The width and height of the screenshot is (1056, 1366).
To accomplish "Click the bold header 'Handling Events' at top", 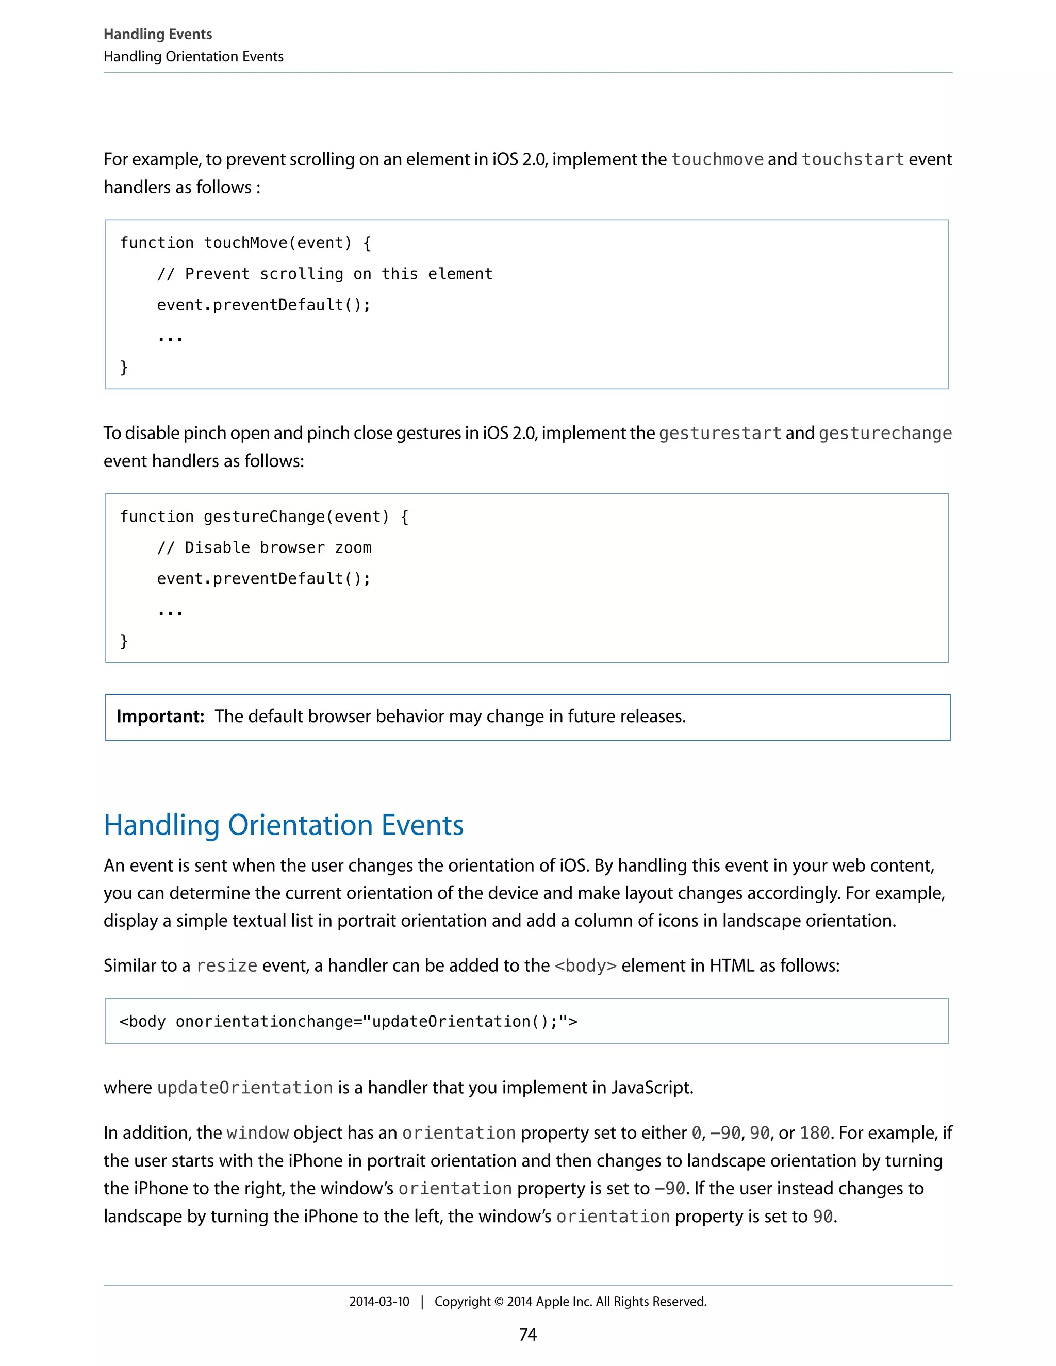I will pyautogui.click(x=158, y=34).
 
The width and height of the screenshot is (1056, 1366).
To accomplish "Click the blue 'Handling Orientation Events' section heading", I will pyautogui.click(x=284, y=824).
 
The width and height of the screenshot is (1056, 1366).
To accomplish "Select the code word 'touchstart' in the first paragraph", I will pyautogui.click(x=853, y=159).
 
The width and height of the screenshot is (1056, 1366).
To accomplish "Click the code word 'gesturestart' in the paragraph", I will pyautogui.click(x=720, y=433).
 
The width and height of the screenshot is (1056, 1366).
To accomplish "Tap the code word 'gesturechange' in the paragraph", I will pyautogui.click(x=885, y=433).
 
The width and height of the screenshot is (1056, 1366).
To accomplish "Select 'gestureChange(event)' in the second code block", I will pyautogui.click(x=296, y=517).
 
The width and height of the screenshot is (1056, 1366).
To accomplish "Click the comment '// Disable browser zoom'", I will pyautogui.click(x=264, y=548).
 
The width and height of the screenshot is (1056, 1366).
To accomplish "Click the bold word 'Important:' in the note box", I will pyautogui.click(x=160, y=716).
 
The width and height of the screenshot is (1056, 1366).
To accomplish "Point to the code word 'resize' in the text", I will pyautogui.click(x=226, y=965).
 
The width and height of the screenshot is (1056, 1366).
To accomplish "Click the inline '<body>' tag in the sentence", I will pyautogui.click(x=586, y=965).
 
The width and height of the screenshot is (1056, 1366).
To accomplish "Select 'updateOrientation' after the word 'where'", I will pyautogui.click(x=244, y=1088).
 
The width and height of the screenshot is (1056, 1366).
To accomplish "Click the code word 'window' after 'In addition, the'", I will pyautogui.click(x=257, y=1132).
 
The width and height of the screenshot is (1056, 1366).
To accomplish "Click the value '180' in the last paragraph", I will pyautogui.click(x=815, y=1132).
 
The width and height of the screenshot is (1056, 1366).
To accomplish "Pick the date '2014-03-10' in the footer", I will pyautogui.click(x=379, y=1302).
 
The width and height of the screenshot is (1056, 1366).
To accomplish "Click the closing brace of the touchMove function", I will pyautogui.click(x=124, y=367).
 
